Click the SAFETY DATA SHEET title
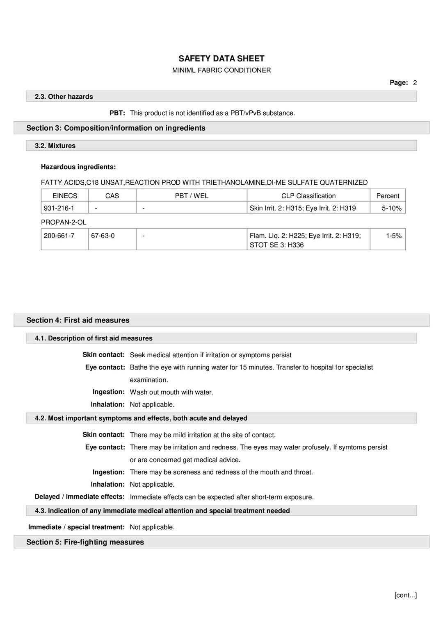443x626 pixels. pyautogui.click(x=221, y=59)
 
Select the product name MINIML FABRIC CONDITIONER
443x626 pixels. pyautogui.click(x=221, y=70)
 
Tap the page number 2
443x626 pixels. pyautogui.click(x=415, y=83)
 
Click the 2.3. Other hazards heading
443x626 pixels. pyautogui.click(x=64, y=97)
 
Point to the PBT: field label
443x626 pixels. pyautogui.click(x=117, y=113)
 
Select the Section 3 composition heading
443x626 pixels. pyautogui.click(x=116, y=128)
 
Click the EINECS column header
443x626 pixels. pyautogui.click(x=65, y=196)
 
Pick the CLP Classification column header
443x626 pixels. pyautogui.click(x=308, y=196)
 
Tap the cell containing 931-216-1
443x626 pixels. pyautogui.click(x=59, y=208)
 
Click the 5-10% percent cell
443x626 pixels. pyautogui.click(x=391, y=208)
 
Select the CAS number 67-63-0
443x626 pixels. pyautogui.click(x=103, y=236)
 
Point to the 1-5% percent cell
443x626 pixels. pyautogui.click(x=393, y=236)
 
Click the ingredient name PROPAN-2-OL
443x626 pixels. pyautogui.click(x=64, y=222)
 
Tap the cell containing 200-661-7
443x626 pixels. pyautogui.click(x=59, y=236)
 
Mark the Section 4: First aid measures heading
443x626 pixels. pyautogui.click(x=78, y=320)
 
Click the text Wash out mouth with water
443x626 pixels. pyautogui.click(x=171, y=392)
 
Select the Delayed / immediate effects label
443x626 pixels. pyautogui.click(x=80, y=497)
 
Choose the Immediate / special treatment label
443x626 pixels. pyautogui.click(x=76, y=527)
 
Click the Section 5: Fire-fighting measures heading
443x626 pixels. pyautogui.click(x=85, y=542)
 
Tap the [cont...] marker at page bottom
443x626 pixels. pyautogui.click(x=405, y=595)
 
